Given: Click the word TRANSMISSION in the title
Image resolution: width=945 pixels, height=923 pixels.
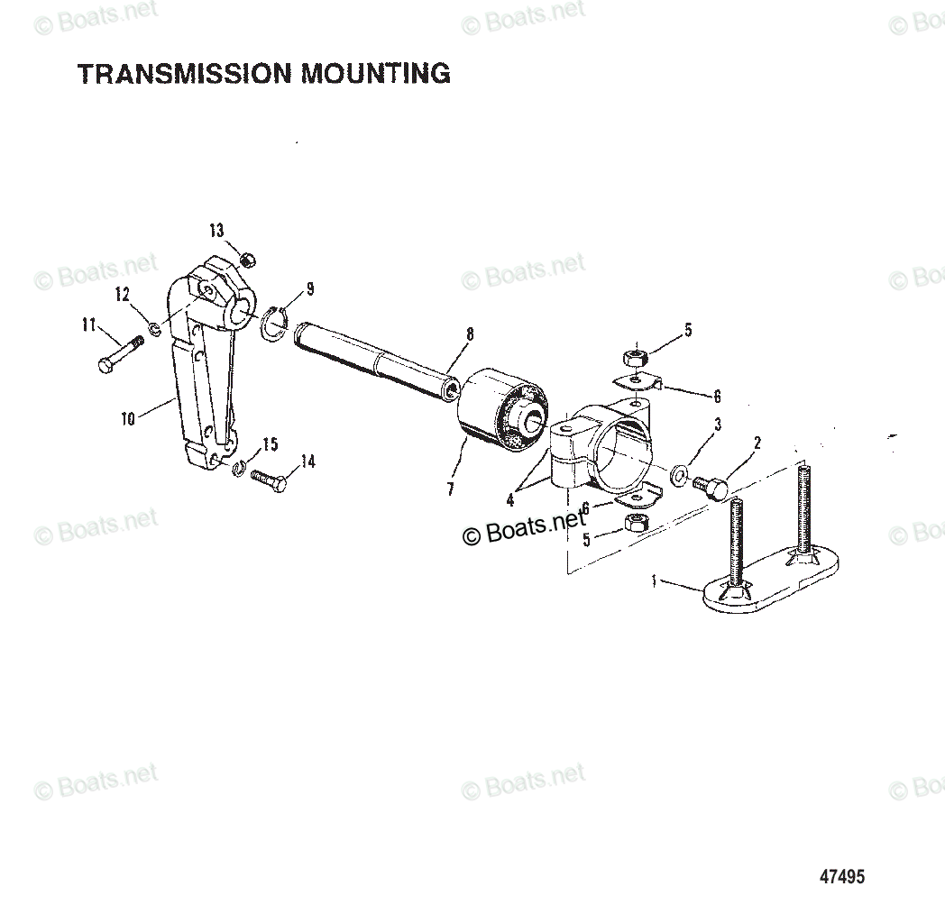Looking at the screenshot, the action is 186,73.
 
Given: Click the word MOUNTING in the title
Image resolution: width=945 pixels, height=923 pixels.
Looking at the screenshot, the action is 376,73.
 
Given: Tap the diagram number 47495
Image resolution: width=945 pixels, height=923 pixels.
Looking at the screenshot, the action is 841,875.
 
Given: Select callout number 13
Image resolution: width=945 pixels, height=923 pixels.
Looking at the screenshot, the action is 216,231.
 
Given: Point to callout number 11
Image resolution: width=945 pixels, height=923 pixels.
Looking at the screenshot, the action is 88,325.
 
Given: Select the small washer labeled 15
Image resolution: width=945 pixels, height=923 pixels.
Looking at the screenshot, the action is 239,468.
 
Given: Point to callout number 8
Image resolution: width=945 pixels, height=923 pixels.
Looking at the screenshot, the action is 469,334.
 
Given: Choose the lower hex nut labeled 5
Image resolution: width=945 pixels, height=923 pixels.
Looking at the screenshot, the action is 635,522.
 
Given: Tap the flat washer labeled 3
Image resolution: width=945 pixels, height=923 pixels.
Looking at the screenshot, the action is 679,471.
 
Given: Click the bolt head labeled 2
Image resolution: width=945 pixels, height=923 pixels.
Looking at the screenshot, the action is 713,488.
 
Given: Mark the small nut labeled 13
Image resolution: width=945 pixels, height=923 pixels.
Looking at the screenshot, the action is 249,260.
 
